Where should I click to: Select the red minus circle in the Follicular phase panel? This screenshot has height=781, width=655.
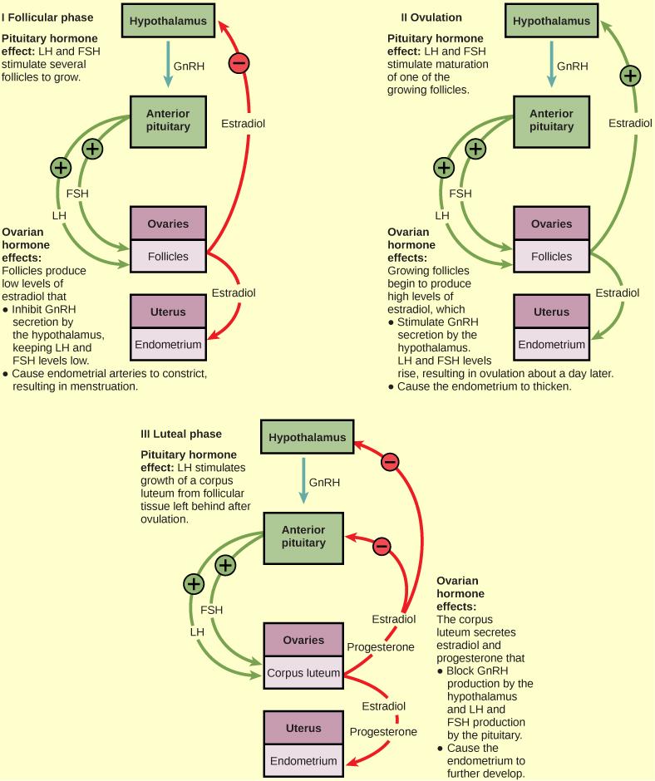(239, 63)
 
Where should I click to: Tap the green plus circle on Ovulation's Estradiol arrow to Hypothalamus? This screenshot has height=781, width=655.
(631, 76)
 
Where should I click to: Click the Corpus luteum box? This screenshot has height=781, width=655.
(303, 674)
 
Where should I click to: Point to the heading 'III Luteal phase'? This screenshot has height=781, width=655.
(181, 434)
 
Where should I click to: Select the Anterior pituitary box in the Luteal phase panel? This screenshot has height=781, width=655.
(303, 537)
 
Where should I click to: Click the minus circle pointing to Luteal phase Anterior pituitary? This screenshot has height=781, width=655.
(381, 546)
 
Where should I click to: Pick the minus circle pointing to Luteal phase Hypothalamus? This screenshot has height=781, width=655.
(389, 461)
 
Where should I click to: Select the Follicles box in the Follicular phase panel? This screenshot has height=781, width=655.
(168, 256)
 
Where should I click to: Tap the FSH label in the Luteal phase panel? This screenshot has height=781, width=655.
(212, 610)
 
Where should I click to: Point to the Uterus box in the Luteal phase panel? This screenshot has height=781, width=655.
(303, 728)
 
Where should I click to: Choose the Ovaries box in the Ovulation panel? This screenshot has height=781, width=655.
(551, 223)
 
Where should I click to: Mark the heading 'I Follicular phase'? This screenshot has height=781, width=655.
(47, 17)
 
